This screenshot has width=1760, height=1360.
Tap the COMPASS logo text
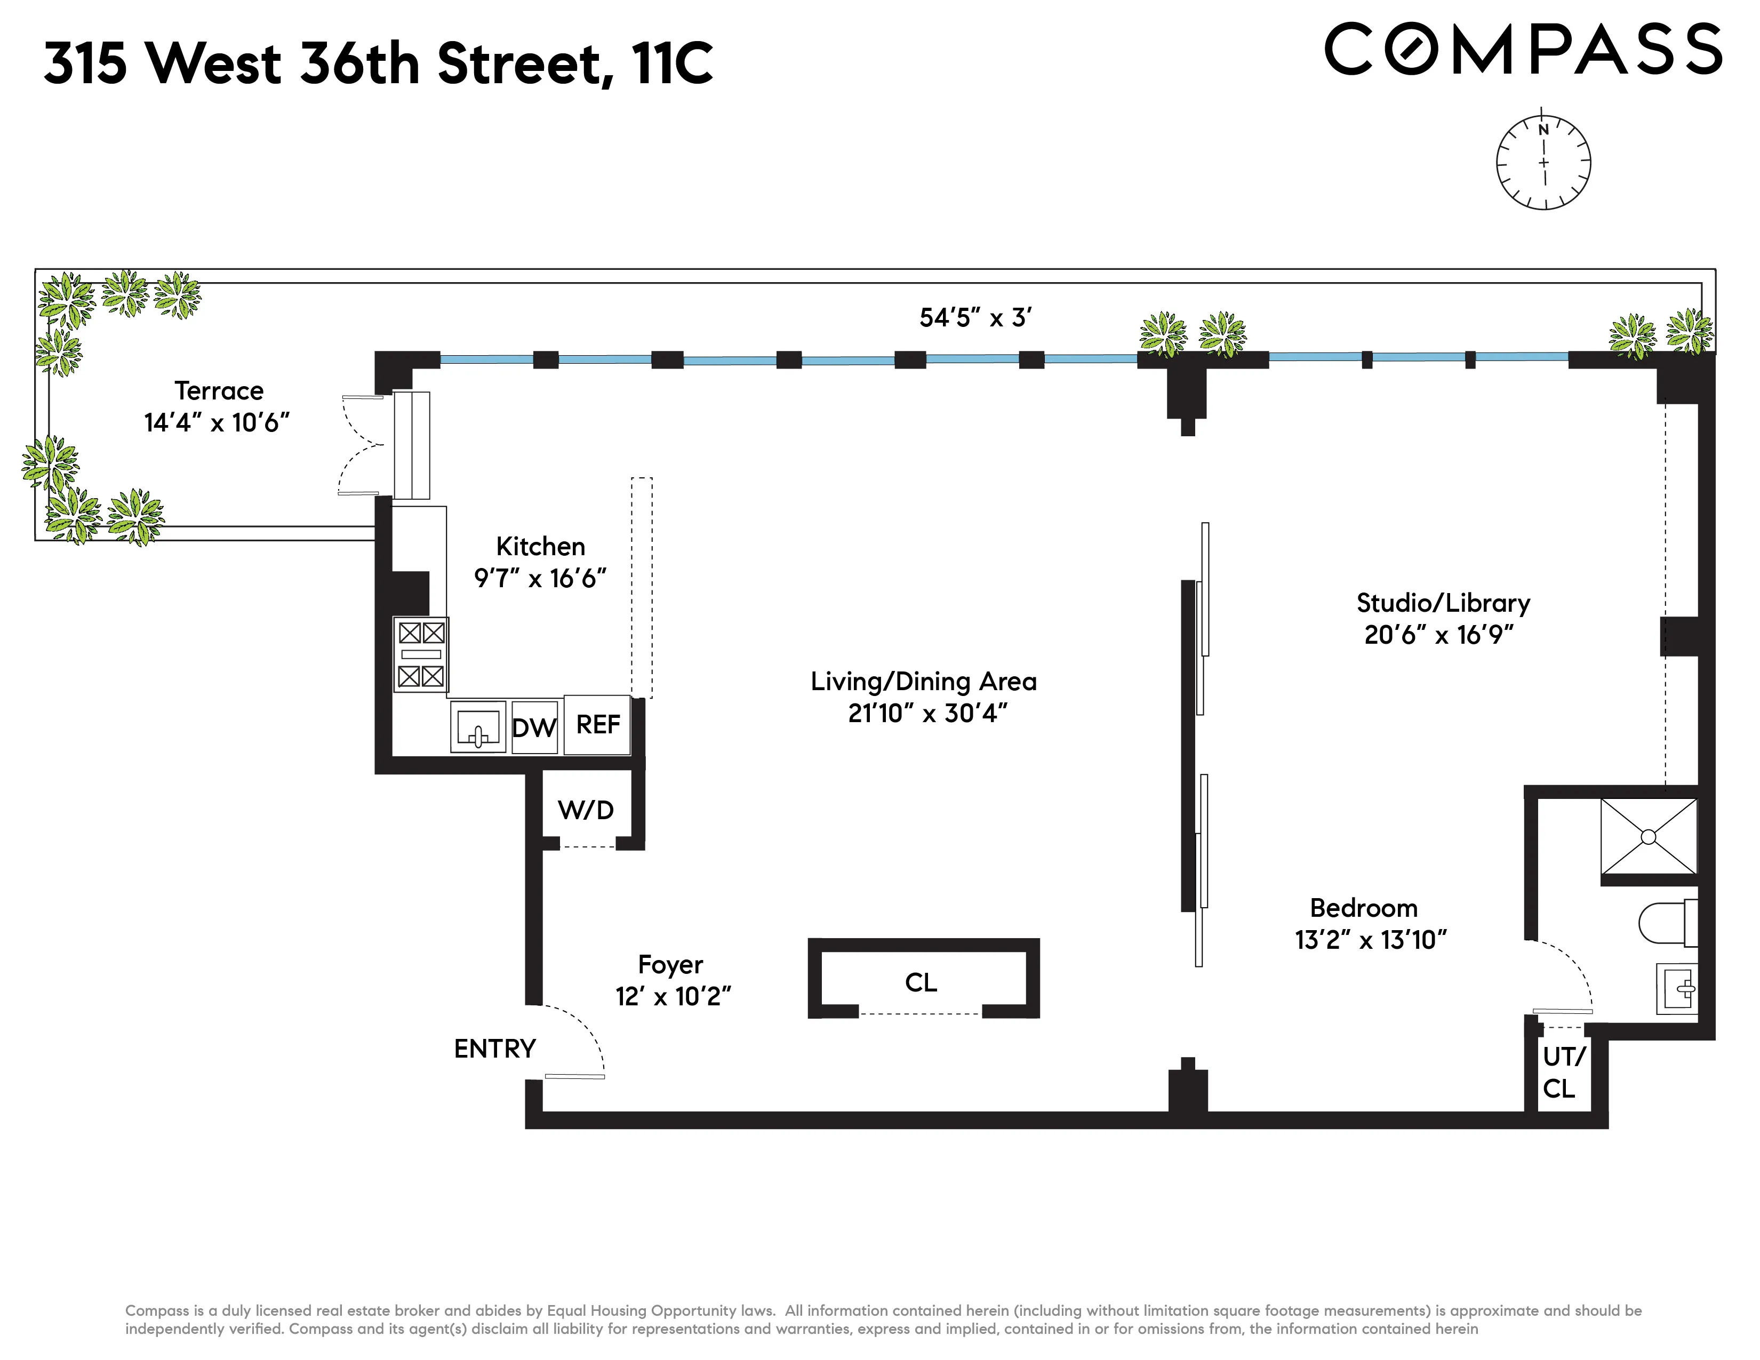[x=1523, y=50]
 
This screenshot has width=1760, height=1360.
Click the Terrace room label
[x=218, y=391]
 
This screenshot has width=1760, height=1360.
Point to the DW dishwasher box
[x=534, y=727]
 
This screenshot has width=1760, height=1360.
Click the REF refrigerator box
[x=597, y=724]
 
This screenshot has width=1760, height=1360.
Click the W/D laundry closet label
[x=586, y=810]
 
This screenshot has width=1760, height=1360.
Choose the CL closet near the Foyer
[x=921, y=982]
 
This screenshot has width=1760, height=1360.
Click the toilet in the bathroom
[x=1668, y=923]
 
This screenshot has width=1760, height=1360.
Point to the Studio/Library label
[x=1443, y=603]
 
